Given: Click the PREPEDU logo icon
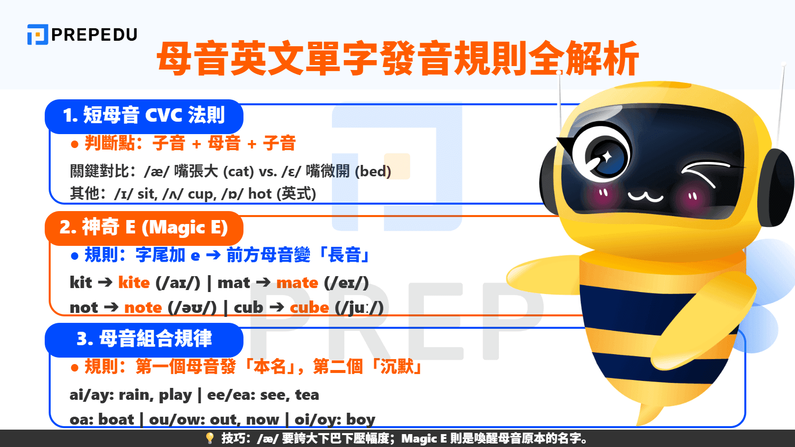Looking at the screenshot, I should (37, 35).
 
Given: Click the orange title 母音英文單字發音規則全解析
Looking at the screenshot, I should (397, 59).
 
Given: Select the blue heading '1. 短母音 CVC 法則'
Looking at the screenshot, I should (144, 116).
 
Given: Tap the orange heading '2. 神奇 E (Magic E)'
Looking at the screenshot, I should (144, 227).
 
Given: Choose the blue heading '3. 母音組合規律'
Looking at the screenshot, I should (144, 339).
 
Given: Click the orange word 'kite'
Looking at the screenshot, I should (134, 283).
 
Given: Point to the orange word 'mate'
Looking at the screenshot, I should (297, 283).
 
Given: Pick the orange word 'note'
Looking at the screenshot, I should (143, 307).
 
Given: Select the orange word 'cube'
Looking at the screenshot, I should (309, 307).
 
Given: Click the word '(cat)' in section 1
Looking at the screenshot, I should (238, 172).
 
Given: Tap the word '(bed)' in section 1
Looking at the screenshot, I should (373, 172).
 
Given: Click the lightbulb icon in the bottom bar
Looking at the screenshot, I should (210, 438).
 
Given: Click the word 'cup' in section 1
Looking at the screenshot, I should (201, 194).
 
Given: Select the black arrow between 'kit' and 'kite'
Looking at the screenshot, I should (105, 283).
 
